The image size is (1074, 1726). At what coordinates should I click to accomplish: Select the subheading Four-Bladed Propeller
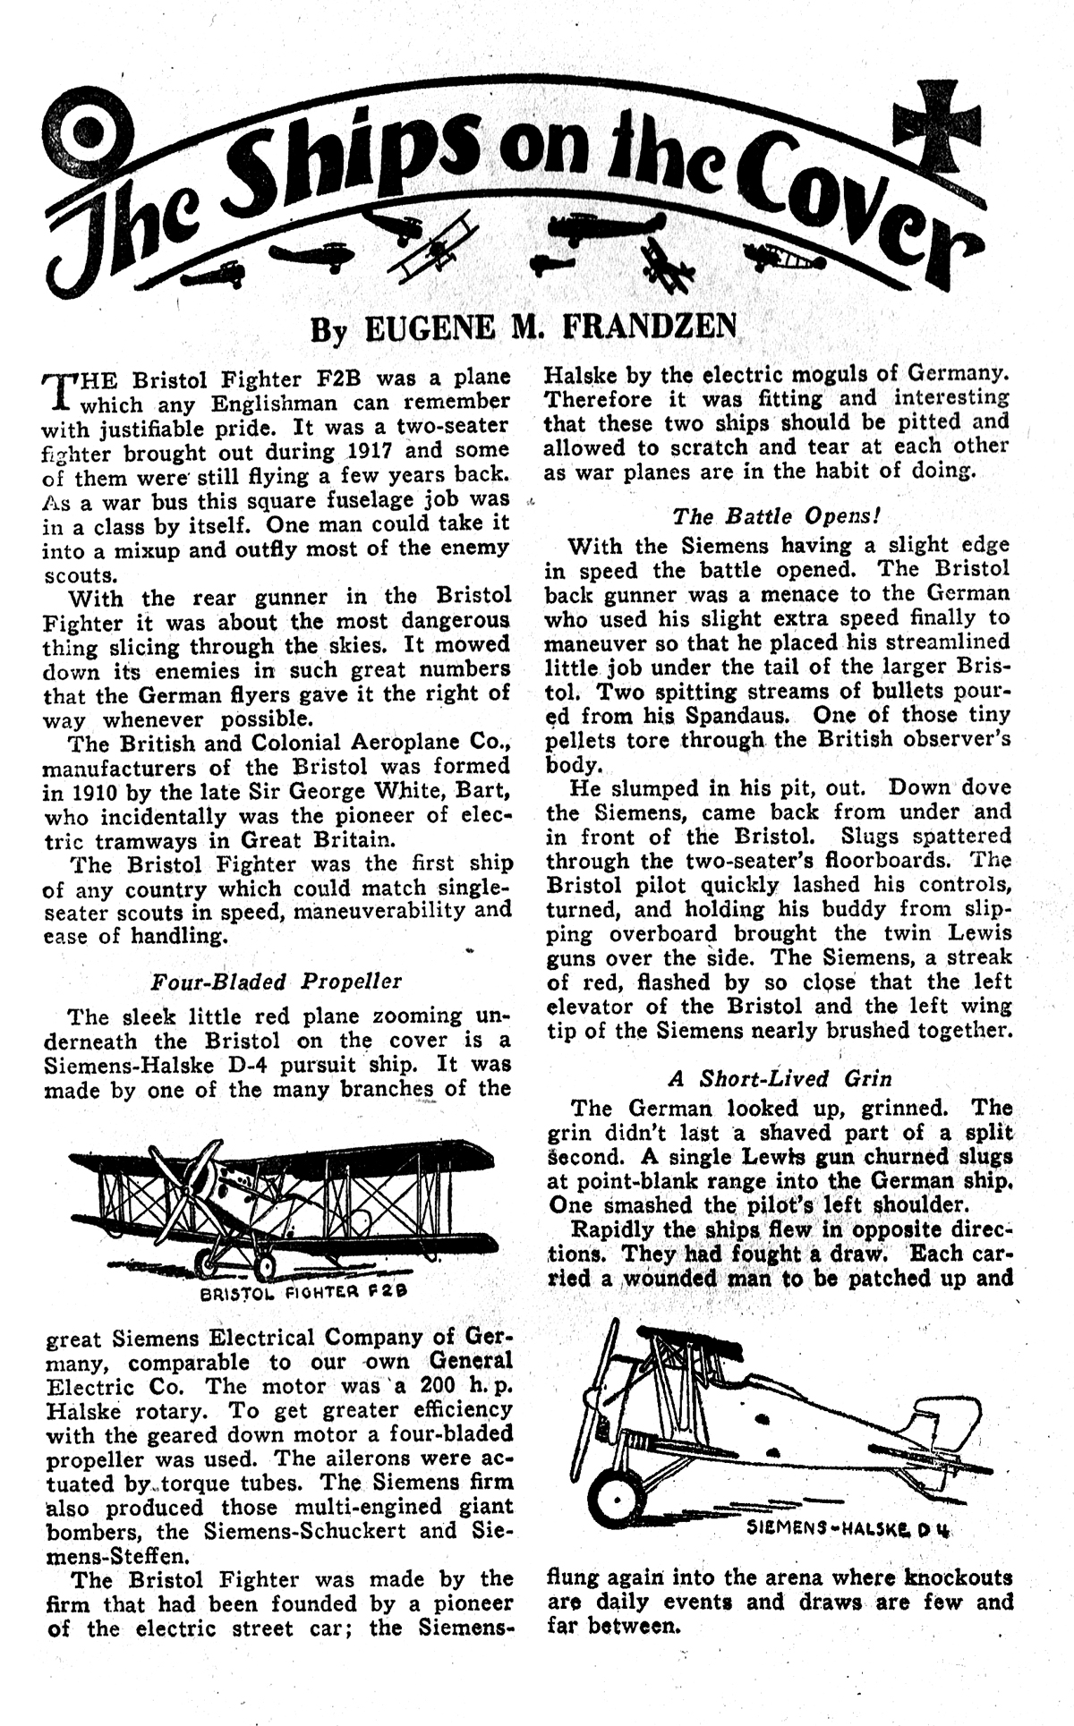pos(277,981)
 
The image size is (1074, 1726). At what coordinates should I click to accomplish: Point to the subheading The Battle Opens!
pos(778,516)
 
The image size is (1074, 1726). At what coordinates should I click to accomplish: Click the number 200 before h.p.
pos(373,1386)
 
